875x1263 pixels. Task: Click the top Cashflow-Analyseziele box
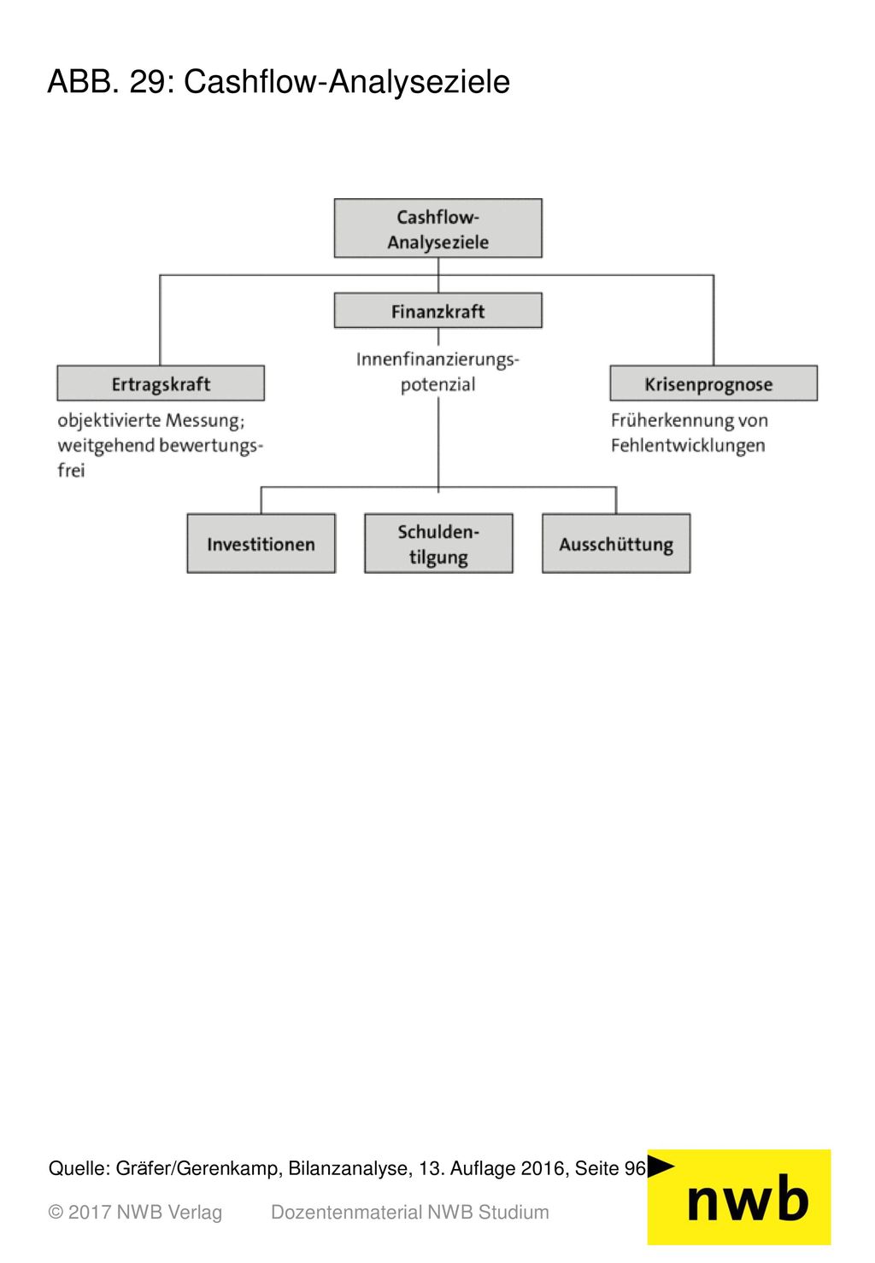[x=437, y=228]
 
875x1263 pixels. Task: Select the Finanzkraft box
[x=437, y=310]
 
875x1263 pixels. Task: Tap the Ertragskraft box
[x=161, y=383]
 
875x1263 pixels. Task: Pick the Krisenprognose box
[x=714, y=383]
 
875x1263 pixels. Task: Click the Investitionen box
[x=261, y=543]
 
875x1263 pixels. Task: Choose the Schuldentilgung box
[x=438, y=543]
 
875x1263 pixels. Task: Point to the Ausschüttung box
[x=616, y=543]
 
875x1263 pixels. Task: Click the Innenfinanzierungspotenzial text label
[x=437, y=372]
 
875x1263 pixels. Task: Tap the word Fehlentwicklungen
[x=688, y=446]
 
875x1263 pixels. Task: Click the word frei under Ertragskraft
[x=71, y=471]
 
